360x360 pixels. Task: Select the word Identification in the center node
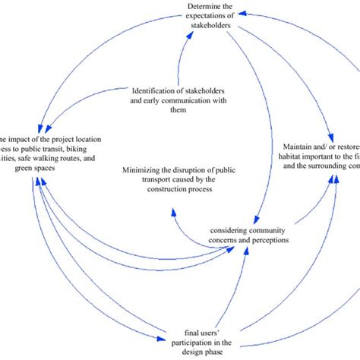(x=157, y=90)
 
